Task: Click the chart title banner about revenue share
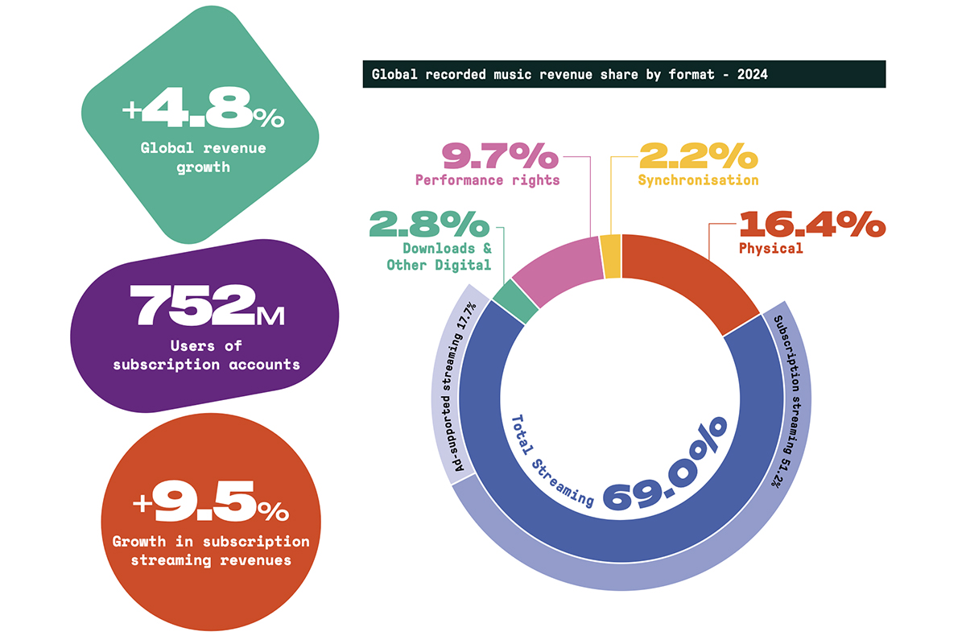[x=624, y=74]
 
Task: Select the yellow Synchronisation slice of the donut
[x=612, y=256]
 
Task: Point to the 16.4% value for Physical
[x=811, y=225]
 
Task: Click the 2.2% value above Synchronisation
[x=698, y=156]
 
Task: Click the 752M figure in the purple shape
[x=208, y=307]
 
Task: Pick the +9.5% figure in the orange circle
[x=210, y=506]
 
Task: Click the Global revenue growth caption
[x=203, y=158]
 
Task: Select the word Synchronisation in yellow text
[x=698, y=180]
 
